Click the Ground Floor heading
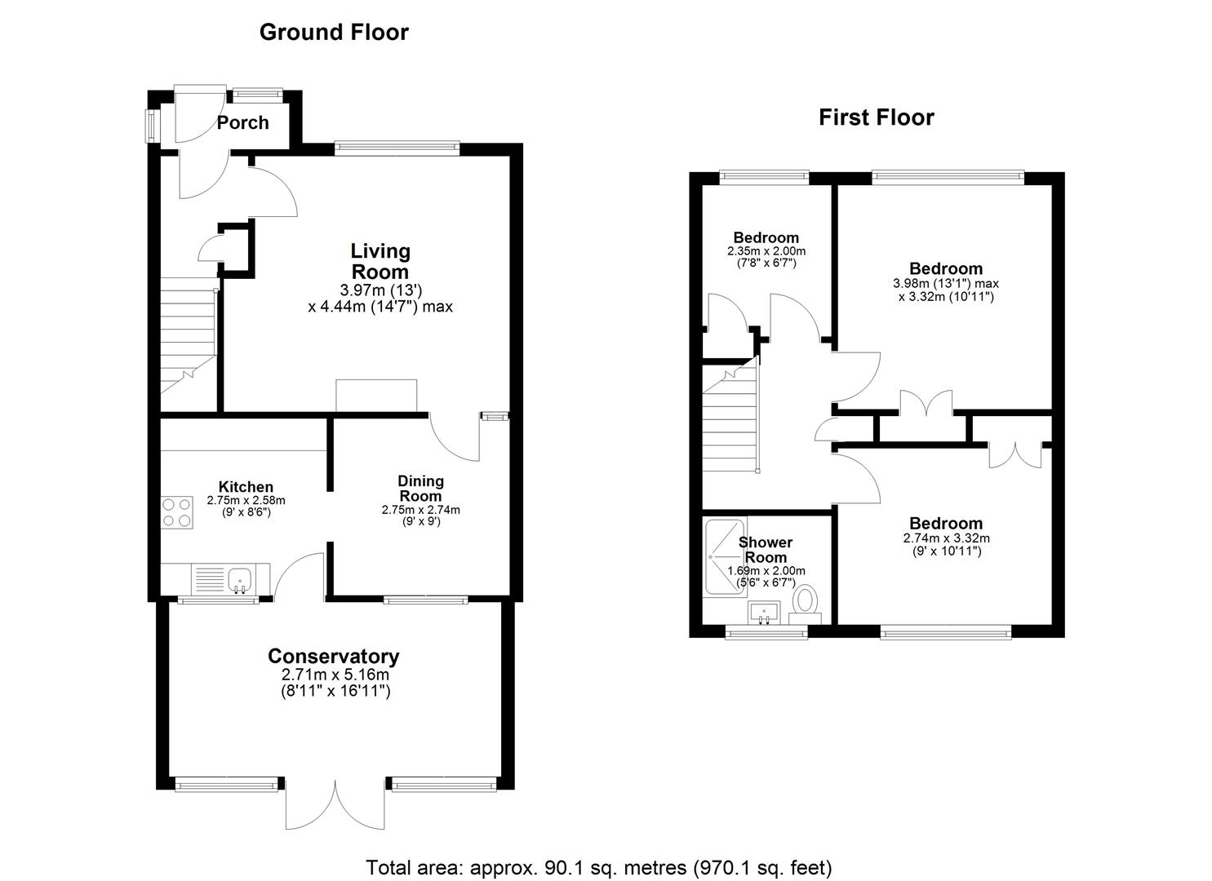[x=334, y=32]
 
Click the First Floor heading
[x=876, y=117]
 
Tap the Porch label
[x=242, y=122]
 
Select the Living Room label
[x=380, y=261]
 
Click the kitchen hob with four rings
[x=177, y=512]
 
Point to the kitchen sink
[x=240, y=580]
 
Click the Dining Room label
[x=420, y=488]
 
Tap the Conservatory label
[x=334, y=656]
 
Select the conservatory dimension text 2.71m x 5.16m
[x=335, y=675]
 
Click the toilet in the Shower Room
[x=806, y=601]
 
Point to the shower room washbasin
[x=765, y=612]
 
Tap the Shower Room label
[x=766, y=550]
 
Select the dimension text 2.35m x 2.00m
[x=766, y=251]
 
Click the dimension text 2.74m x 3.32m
[x=946, y=538]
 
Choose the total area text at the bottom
[x=598, y=867]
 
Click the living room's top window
[x=397, y=148]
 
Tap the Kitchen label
[x=246, y=487]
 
